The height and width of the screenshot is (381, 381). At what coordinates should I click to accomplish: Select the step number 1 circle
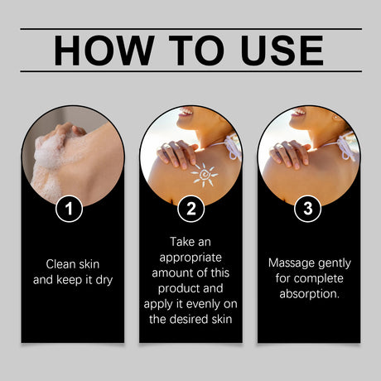[x=72, y=209]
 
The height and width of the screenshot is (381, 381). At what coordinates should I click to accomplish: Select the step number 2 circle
[x=190, y=209]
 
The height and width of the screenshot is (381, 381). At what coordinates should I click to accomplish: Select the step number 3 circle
[x=308, y=209]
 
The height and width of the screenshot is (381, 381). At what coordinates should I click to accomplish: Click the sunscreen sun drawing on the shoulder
[x=203, y=175]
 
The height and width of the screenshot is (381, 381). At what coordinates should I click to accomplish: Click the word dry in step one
[x=103, y=279]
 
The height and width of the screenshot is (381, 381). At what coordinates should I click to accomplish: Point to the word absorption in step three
[x=308, y=293]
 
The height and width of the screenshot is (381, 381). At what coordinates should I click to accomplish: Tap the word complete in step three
[x=320, y=277]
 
